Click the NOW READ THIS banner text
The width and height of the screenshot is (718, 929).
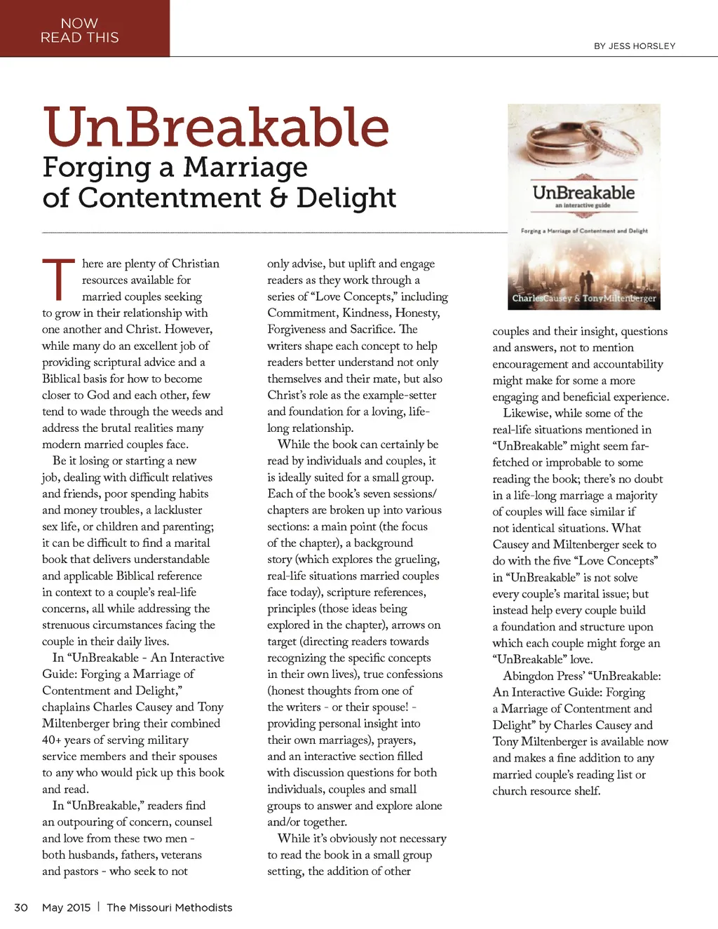[x=79, y=30]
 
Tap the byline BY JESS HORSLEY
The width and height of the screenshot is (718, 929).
[x=635, y=46]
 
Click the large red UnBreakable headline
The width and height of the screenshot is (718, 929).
[x=216, y=128]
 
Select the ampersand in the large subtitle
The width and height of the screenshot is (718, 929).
[x=278, y=198]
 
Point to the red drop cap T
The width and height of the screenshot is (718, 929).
[x=58, y=279]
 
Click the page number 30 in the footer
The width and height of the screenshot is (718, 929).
[x=21, y=907]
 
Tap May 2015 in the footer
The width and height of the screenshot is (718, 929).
[x=66, y=907]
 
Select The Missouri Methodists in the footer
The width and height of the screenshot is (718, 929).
[x=169, y=907]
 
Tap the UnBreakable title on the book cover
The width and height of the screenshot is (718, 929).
[x=583, y=192]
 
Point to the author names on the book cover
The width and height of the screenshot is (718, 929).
[x=583, y=298]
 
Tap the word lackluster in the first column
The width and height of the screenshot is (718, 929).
[x=178, y=510]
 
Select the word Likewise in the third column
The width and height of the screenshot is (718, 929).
[x=527, y=413]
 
